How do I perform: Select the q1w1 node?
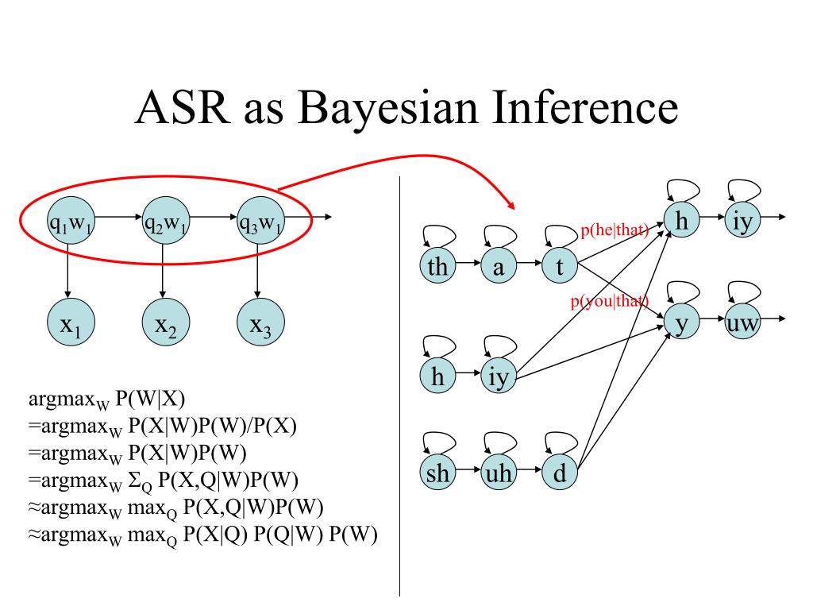(70, 225)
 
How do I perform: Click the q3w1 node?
(260, 225)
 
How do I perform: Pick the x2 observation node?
(165, 325)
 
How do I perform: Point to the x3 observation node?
(260, 325)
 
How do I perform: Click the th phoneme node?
(437, 268)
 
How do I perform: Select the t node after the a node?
(560, 268)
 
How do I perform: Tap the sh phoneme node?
(437, 474)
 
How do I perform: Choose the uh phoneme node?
(499, 474)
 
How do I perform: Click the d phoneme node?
(560, 474)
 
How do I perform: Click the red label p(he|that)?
(614, 231)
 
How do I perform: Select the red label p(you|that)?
(610, 301)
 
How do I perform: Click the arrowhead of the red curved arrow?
(511, 203)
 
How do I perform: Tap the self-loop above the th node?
(439, 236)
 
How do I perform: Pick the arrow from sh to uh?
(468, 474)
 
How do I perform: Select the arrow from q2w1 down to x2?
(163, 269)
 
